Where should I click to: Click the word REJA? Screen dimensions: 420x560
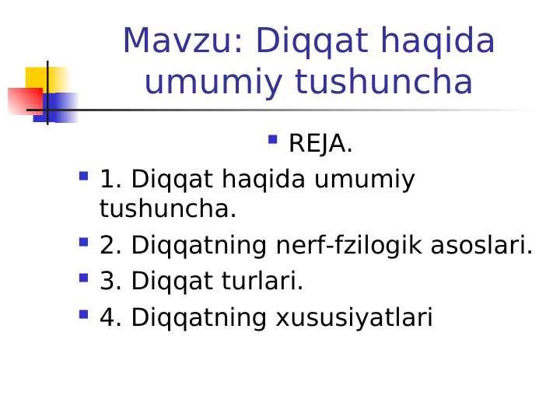click(320, 144)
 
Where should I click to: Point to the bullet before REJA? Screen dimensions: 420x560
click(272, 140)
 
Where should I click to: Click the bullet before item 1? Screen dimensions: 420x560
click(83, 177)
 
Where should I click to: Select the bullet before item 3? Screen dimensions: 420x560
click(83, 277)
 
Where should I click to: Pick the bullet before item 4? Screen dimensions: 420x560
click(83, 313)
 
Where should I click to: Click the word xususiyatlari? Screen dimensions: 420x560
click(354, 318)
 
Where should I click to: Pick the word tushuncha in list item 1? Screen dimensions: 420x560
click(167, 209)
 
